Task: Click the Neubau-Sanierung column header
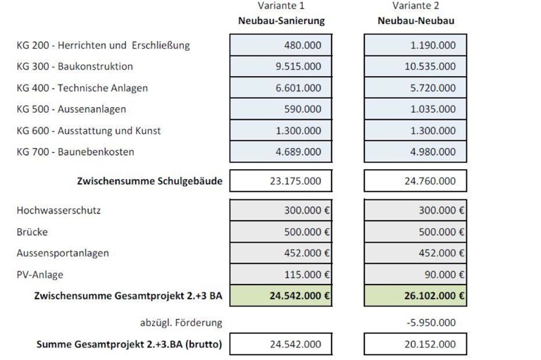coord(281,20)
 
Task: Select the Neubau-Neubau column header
coord(415,20)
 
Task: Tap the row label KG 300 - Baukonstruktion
coord(75,67)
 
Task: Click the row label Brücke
coord(32,232)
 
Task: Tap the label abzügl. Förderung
coord(181,323)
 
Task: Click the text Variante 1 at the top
coord(281,6)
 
